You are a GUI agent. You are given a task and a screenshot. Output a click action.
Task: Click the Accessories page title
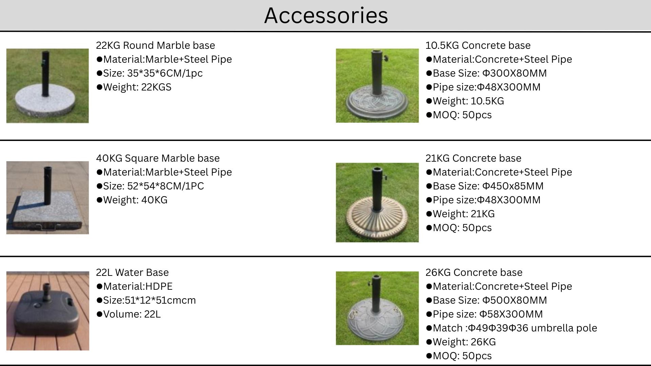326,15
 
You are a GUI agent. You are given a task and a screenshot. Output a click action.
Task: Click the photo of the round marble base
47,86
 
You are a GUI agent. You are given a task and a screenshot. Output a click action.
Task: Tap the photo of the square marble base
47,198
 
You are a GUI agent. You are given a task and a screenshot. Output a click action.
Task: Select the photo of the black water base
47,311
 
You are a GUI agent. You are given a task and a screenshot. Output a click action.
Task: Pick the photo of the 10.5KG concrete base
377,85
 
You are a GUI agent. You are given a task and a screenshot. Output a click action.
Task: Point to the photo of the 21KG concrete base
377,202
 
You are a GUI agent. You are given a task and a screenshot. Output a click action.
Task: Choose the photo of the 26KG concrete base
377,308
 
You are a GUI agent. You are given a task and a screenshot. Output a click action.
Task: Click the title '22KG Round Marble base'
155,45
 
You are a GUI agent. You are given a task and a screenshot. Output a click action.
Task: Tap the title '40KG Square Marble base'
158,158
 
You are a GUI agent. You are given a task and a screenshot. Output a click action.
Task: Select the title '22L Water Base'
132,272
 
